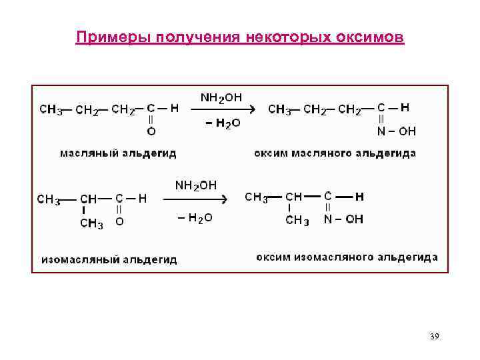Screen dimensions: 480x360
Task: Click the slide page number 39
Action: tap(434, 336)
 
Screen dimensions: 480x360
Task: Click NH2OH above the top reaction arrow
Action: tap(221, 97)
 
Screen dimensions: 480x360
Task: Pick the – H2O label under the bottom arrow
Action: tap(195, 218)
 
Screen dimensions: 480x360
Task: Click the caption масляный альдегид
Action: tap(118, 153)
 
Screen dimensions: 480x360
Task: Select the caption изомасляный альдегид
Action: tap(109, 259)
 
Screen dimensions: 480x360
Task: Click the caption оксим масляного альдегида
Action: tap(335, 153)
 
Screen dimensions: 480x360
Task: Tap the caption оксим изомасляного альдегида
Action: tap(347, 257)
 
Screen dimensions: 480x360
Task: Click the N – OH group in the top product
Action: tap(397, 131)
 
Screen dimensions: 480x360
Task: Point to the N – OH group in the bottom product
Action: tap(344, 219)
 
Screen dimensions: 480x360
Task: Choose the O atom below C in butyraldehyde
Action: tap(151, 131)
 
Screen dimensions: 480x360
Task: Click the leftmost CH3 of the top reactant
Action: tap(51, 110)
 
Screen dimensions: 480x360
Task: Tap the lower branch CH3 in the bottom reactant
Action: tap(91, 224)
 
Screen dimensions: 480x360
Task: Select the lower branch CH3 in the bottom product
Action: tap(297, 221)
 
